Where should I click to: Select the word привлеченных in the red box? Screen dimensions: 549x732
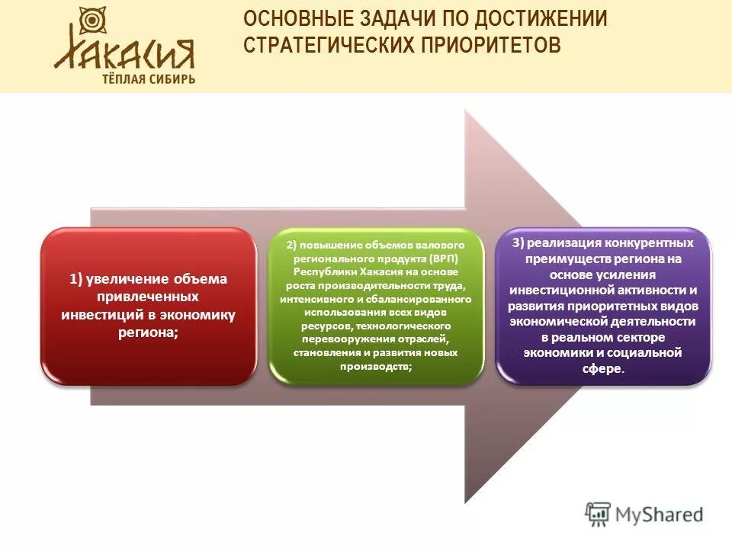[148, 297]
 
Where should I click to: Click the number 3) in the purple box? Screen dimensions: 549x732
[518, 243]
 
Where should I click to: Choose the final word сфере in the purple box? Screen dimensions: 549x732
[602, 369]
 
